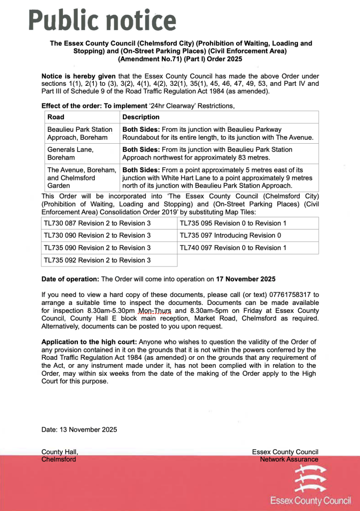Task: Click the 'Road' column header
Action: coord(55,117)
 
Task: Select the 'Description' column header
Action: coord(141,117)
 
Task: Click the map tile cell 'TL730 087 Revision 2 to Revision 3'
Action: coord(97,223)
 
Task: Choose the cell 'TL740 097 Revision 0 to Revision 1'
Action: coord(233,248)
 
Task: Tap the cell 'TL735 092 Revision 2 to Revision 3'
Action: coord(97,260)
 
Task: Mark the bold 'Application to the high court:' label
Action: coord(89,342)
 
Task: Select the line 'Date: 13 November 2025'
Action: coord(79,429)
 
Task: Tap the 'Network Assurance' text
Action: coord(289,459)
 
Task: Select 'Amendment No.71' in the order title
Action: coord(147,59)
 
